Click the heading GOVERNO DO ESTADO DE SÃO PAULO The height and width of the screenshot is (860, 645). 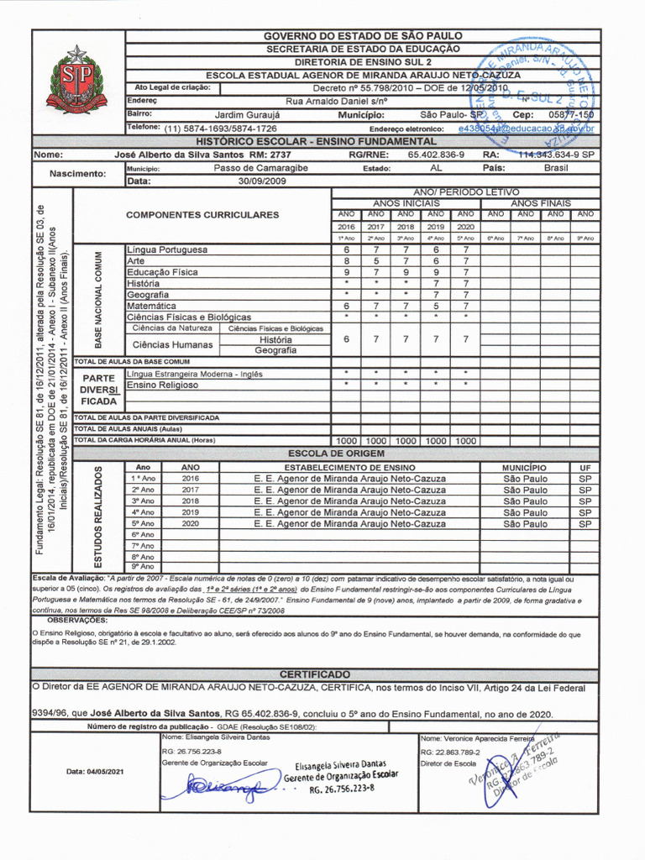click(363, 36)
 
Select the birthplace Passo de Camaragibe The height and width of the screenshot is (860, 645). click(260, 168)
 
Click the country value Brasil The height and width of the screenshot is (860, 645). click(555, 168)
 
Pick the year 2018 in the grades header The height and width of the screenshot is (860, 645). click(406, 227)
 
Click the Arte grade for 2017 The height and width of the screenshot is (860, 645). click(376, 261)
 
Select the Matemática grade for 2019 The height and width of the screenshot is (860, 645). click(435, 306)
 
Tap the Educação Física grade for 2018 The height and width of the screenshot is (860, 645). click(406, 272)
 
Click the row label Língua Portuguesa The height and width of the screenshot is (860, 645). click(166, 250)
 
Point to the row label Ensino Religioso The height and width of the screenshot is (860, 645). click(162, 385)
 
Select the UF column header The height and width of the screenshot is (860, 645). click(585, 467)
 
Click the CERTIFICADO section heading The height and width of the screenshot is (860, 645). click(315, 674)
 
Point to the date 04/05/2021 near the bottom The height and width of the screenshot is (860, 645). click(95, 771)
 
